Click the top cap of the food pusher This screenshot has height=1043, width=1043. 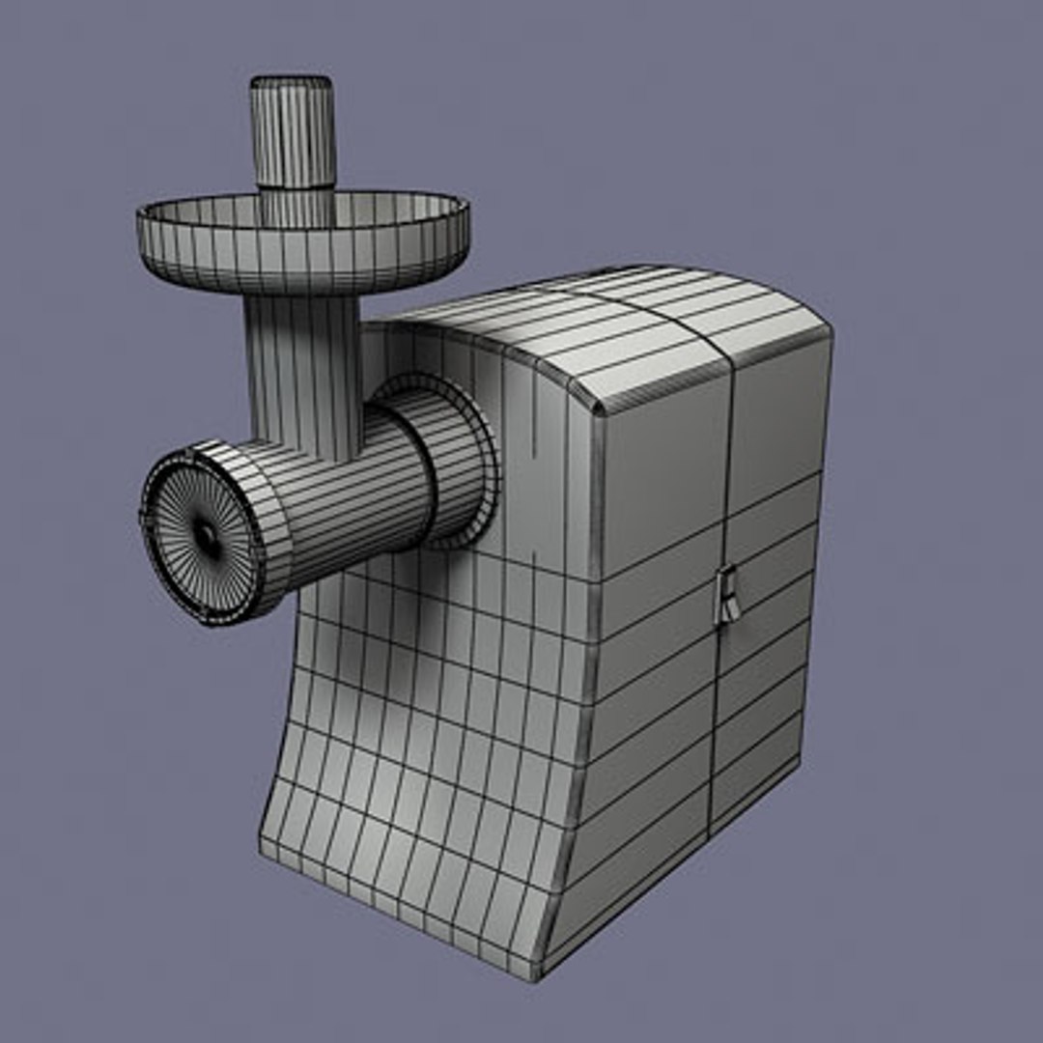[x=293, y=84]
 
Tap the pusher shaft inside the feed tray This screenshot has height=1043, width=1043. [x=295, y=208]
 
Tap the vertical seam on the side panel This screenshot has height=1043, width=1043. [x=719, y=676]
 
